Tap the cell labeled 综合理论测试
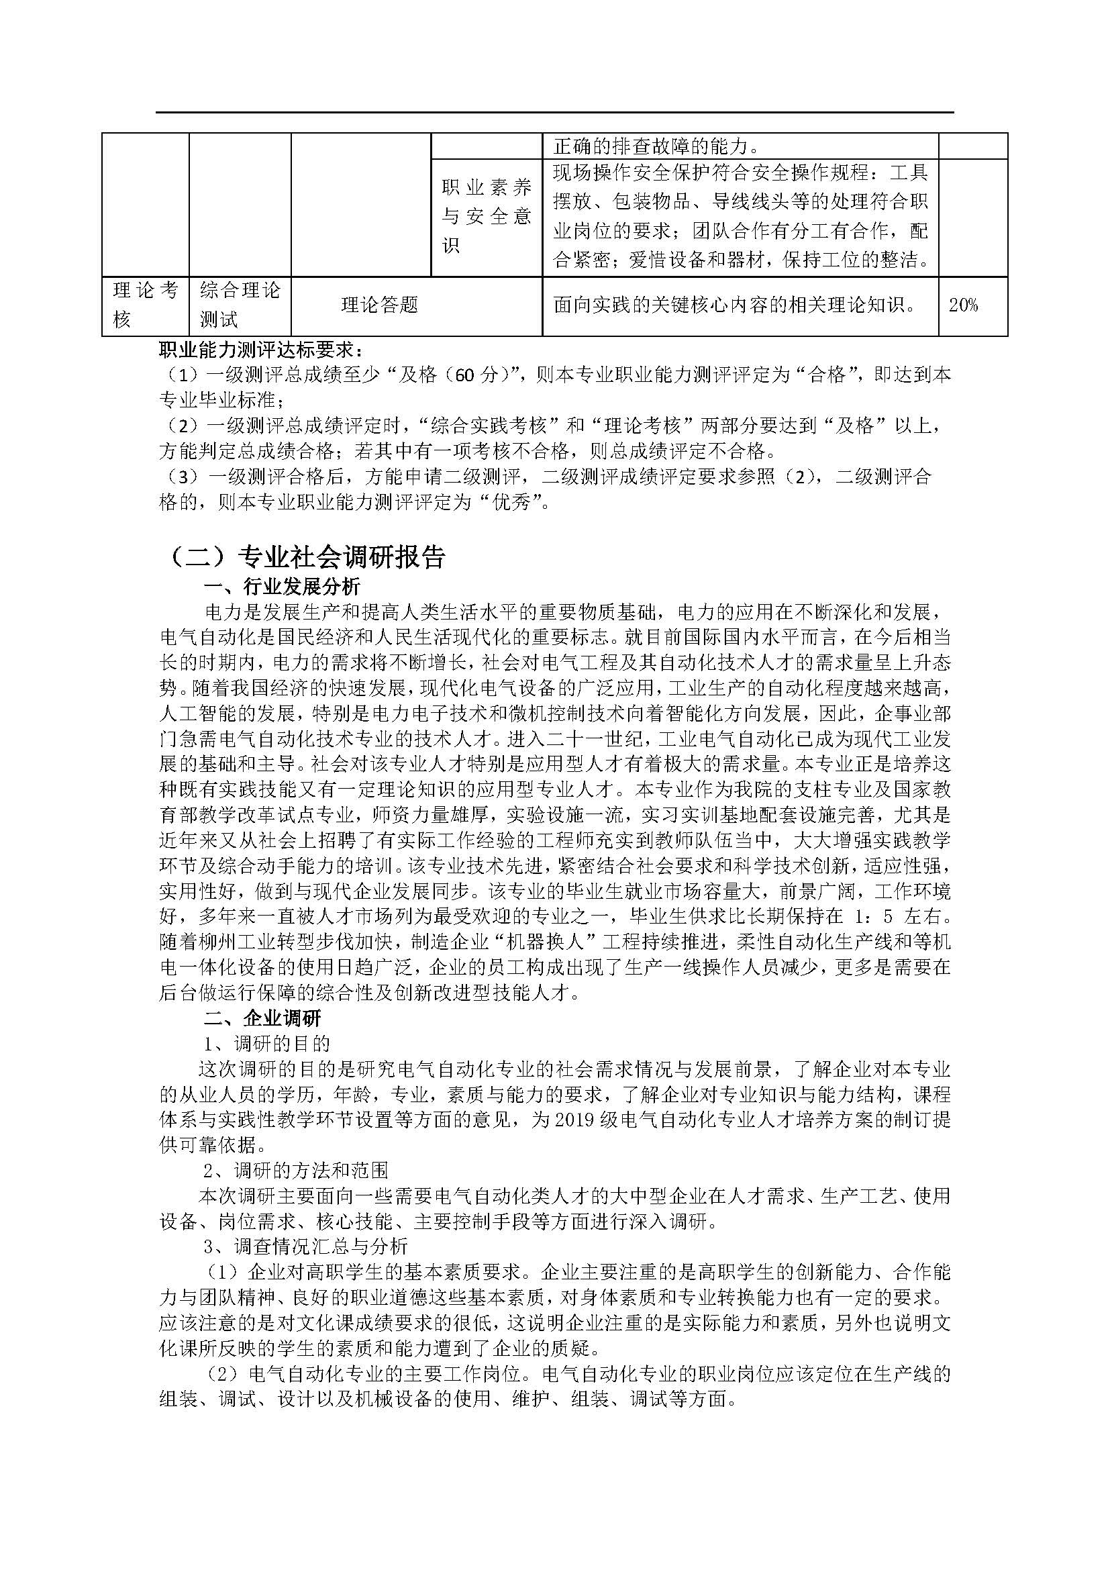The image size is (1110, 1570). pyautogui.click(x=240, y=305)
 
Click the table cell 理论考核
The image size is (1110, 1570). pyautogui.click(x=145, y=305)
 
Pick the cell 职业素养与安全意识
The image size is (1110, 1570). pyautogui.click(x=486, y=217)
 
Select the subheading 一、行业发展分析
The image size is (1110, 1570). pyautogui.click(x=283, y=587)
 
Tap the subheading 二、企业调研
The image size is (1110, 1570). pyautogui.click(x=262, y=1019)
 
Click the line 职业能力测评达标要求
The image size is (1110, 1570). pyautogui.click(x=260, y=350)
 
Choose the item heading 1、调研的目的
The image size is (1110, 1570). pyautogui.click(x=266, y=1044)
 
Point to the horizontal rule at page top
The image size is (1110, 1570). pyautogui.click(x=554, y=112)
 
